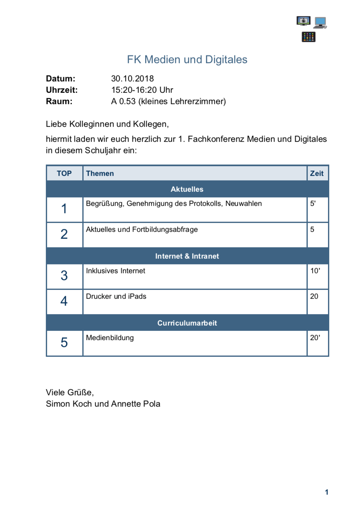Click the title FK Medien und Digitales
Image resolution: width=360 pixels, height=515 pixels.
[x=187, y=60]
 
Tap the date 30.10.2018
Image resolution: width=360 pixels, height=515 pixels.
[x=133, y=79]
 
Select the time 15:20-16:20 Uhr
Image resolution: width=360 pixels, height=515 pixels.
[x=142, y=90]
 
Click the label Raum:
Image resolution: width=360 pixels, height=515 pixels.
[x=59, y=101]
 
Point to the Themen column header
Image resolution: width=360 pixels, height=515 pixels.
[x=100, y=174]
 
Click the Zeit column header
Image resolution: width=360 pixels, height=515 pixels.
[x=317, y=174]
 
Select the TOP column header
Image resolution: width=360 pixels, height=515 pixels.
[x=64, y=174]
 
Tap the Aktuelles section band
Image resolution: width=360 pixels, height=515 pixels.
[x=187, y=189]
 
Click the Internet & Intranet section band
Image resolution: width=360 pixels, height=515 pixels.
[x=187, y=256]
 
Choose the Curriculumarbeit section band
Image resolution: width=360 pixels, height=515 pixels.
[x=187, y=323]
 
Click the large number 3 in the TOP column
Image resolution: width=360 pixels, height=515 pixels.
[x=64, y=276]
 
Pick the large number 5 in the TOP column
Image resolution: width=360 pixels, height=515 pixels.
[x=64, y=343]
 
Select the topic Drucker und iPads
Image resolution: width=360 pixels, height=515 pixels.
[x=116, y=296]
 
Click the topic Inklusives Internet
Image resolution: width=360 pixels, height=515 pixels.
[x=116, y=271]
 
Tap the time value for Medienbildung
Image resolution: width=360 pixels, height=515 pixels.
[x=315, y=338]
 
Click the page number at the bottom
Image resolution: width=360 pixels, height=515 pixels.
[x=326, y=492]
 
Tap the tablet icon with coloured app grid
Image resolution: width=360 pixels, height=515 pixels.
[x=309, y=37]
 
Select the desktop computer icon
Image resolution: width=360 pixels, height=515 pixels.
[x=320, y=22]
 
